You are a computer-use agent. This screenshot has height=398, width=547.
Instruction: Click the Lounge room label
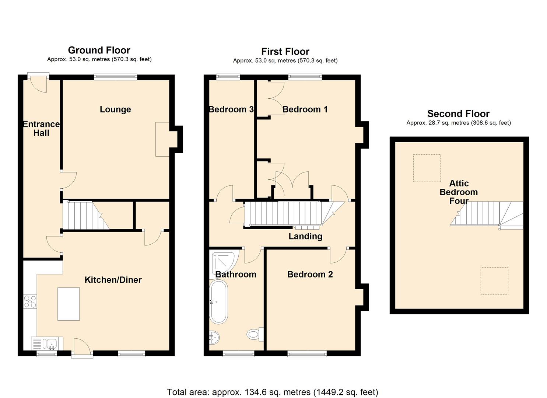click(x=115, y=109)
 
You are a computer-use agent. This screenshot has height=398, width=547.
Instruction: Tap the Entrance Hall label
click(x=41, y=129)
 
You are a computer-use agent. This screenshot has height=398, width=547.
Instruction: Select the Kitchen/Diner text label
click(x=113, y=280)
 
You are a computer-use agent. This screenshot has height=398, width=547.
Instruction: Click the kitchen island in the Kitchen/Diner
click(x=69, y=304)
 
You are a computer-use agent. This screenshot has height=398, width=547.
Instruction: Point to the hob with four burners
click(x=30, y=302)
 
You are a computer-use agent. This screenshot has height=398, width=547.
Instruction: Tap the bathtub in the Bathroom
click(x=218, y=302)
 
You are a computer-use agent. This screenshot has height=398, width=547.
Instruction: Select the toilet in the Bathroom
click(x=254, y=334)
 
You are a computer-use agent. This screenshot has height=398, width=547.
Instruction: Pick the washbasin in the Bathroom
click(x=214, y=337)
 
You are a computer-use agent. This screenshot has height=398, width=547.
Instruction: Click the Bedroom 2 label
click(x=310, y=274)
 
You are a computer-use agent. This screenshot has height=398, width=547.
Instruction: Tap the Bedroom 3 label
click(x=231, y=109)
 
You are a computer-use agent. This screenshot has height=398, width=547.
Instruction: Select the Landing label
click(x=305, y=236)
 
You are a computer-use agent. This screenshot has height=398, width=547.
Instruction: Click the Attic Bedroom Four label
click(x=459, y=192)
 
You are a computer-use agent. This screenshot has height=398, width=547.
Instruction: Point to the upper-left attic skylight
click(x=427, y=168)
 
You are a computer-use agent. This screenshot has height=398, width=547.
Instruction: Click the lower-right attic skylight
click(x=494, y=281)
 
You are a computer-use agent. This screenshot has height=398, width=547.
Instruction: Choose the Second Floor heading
click(x=458, y=114)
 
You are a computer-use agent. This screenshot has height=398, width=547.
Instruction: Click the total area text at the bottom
click(x=273, y=392)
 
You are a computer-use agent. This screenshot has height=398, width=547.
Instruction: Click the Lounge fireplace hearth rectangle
click(x=162, y=139)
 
